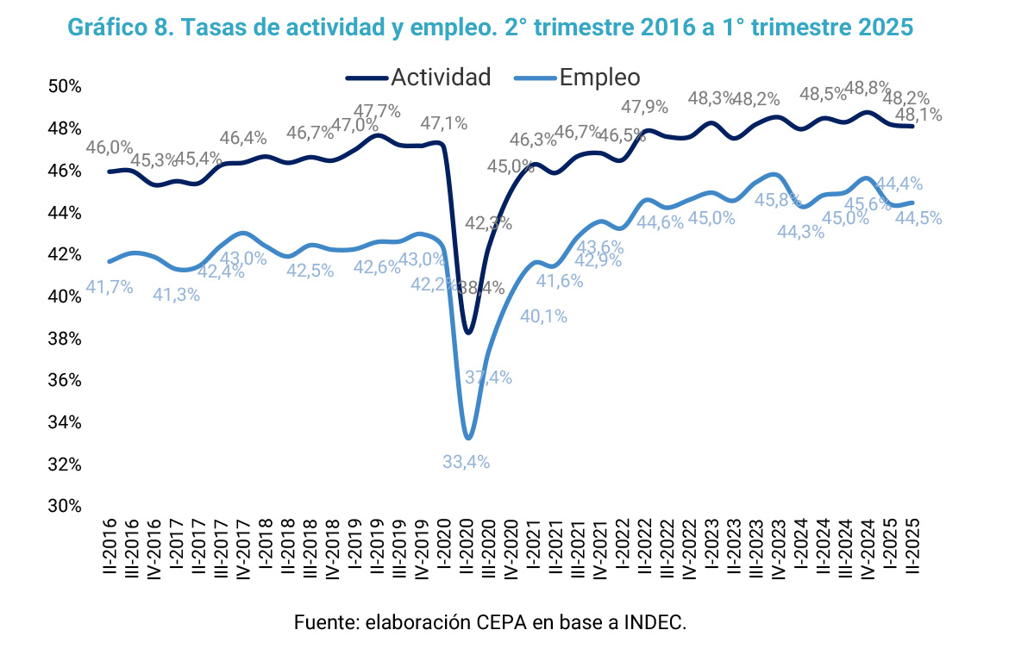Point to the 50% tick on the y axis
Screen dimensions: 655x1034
(64, 87)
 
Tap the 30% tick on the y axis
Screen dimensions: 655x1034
(64, 507)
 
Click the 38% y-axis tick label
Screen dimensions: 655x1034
(64, 339)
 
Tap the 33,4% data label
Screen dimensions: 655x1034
(466, 462)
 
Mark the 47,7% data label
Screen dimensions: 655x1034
(377, 111)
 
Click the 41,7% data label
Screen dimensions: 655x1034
(110, 287)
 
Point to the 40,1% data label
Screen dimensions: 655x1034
(543, 316)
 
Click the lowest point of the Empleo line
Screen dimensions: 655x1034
(467, 438)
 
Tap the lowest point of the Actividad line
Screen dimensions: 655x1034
(467, 332)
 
